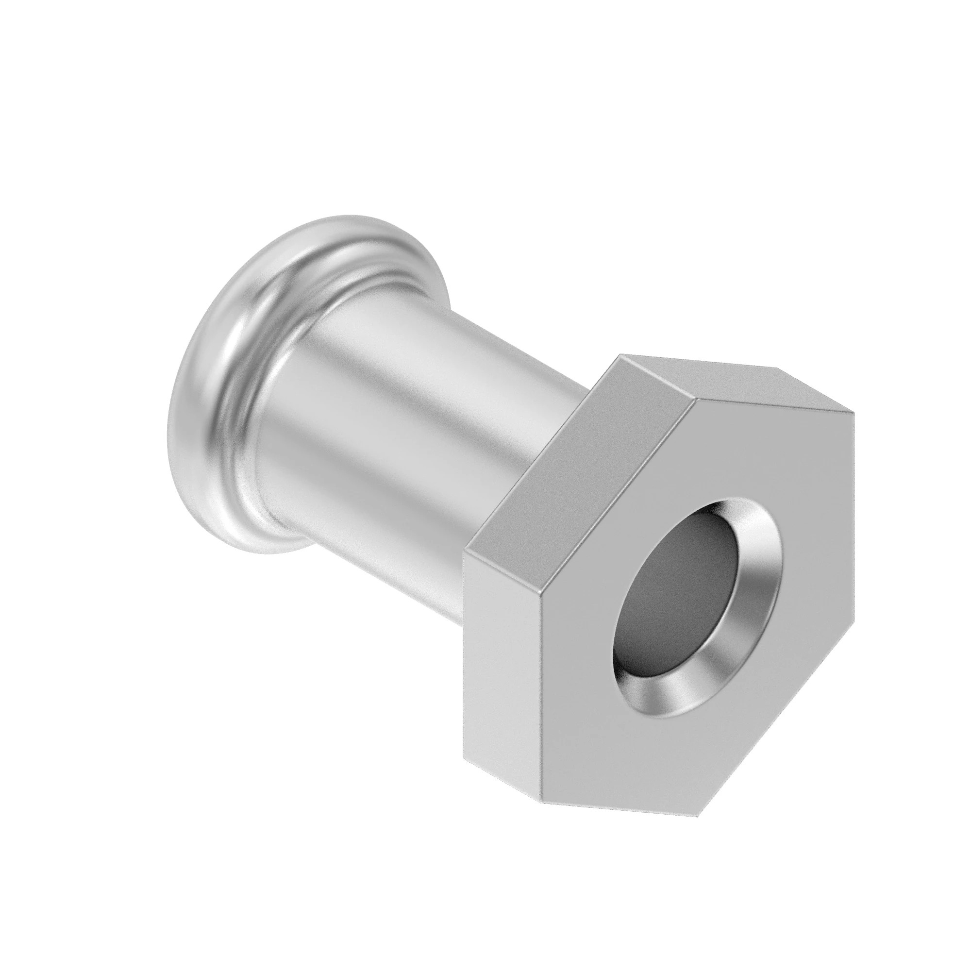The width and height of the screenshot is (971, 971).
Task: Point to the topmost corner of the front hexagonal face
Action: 696,400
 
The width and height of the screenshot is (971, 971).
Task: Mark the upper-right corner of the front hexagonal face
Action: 854,413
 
